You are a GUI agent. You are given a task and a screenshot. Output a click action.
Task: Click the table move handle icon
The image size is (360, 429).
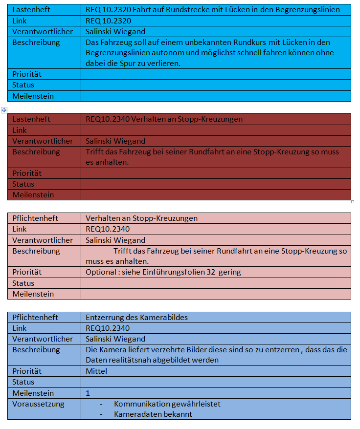[4, 110]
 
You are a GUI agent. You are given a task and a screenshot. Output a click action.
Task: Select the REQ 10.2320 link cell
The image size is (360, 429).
[108, 21]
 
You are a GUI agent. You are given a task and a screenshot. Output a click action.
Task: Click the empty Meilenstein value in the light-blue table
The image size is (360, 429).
[215, 96]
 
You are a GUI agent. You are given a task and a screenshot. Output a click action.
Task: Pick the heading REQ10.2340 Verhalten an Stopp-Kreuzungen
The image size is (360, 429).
[164, 119]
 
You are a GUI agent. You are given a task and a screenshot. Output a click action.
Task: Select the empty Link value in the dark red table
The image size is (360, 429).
[215, 130]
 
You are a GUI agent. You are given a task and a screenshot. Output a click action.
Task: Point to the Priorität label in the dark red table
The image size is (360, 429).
[27, 173]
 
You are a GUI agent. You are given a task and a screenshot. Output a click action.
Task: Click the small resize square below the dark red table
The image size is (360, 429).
[352, 201]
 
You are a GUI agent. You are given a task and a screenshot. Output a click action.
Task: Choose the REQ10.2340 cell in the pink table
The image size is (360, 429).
[108, 229]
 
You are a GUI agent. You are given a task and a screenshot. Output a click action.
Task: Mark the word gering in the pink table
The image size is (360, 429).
[230, 272]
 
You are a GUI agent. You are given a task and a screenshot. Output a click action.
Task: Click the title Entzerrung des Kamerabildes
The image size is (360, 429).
[136, 318]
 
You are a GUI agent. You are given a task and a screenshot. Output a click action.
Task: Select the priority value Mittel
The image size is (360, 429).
[96, 371]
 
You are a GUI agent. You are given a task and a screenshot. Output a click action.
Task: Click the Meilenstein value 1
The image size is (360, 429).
[88, 393]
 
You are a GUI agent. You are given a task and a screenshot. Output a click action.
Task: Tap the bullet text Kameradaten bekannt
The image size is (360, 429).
[153, 414]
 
